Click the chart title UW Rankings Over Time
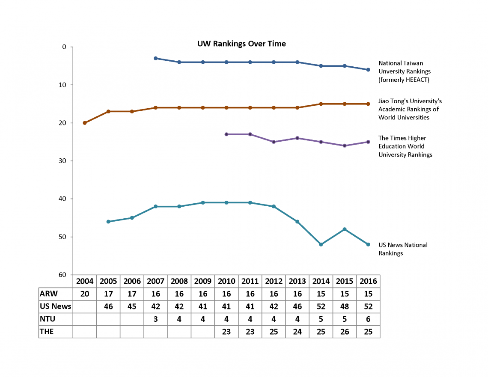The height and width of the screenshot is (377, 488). click(x=241, y=44)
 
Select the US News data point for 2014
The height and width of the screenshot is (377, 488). click(x=321, y=244)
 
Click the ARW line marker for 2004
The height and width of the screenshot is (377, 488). click(x=85, y=123)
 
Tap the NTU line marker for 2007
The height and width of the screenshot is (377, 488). click(x=155, y=58)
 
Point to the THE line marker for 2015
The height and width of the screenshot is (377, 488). click(x=345, y=146)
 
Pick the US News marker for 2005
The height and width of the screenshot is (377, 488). click(x=108, y=222)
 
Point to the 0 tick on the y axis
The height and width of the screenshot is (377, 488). click(x=64, y=47)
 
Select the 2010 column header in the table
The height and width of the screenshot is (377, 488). click(x=226, y=281)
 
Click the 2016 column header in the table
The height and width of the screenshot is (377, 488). click(x=368, y=281)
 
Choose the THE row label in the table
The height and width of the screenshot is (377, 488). click(x=47, y=331)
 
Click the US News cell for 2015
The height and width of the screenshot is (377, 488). click(x=345, y=306)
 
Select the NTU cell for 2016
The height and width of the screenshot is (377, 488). click(x=368, y=319)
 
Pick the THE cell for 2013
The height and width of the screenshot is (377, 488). click(x=297, y=331)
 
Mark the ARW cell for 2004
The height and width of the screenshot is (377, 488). click(x=85, y=294)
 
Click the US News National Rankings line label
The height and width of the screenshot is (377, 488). click(x=402, y=249)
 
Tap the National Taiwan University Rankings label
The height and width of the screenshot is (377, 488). click(x=404, y=71)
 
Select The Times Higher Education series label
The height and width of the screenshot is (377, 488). click(x=405, y=146)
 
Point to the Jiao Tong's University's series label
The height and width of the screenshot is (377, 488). click(x=410, y=109)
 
